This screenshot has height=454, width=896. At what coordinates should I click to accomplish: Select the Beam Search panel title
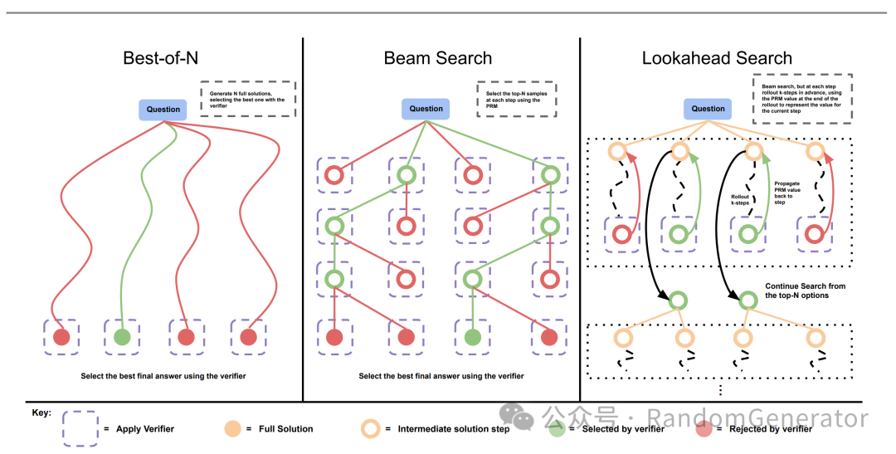437,58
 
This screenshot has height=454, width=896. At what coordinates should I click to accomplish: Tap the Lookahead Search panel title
717,58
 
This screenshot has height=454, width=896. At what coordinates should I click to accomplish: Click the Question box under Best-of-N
163,109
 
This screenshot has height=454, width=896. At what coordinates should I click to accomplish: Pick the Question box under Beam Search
426,109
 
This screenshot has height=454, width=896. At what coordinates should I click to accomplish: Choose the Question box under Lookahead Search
708,109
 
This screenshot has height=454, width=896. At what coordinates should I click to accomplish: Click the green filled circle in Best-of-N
122,337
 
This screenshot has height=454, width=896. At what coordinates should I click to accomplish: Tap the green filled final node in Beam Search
473,337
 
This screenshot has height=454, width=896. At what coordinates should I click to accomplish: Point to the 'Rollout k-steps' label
739,199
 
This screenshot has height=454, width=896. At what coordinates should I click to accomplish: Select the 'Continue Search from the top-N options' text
805,290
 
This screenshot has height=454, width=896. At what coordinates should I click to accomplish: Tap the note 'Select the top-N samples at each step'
516,99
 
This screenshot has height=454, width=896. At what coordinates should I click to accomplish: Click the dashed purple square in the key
80,429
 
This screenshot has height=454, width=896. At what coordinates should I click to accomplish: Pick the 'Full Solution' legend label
286,429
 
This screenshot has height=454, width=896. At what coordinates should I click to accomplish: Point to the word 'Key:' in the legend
41,413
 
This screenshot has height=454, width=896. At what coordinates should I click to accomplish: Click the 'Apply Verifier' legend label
145,429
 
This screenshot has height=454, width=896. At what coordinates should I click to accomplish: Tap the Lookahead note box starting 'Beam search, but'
801,99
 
